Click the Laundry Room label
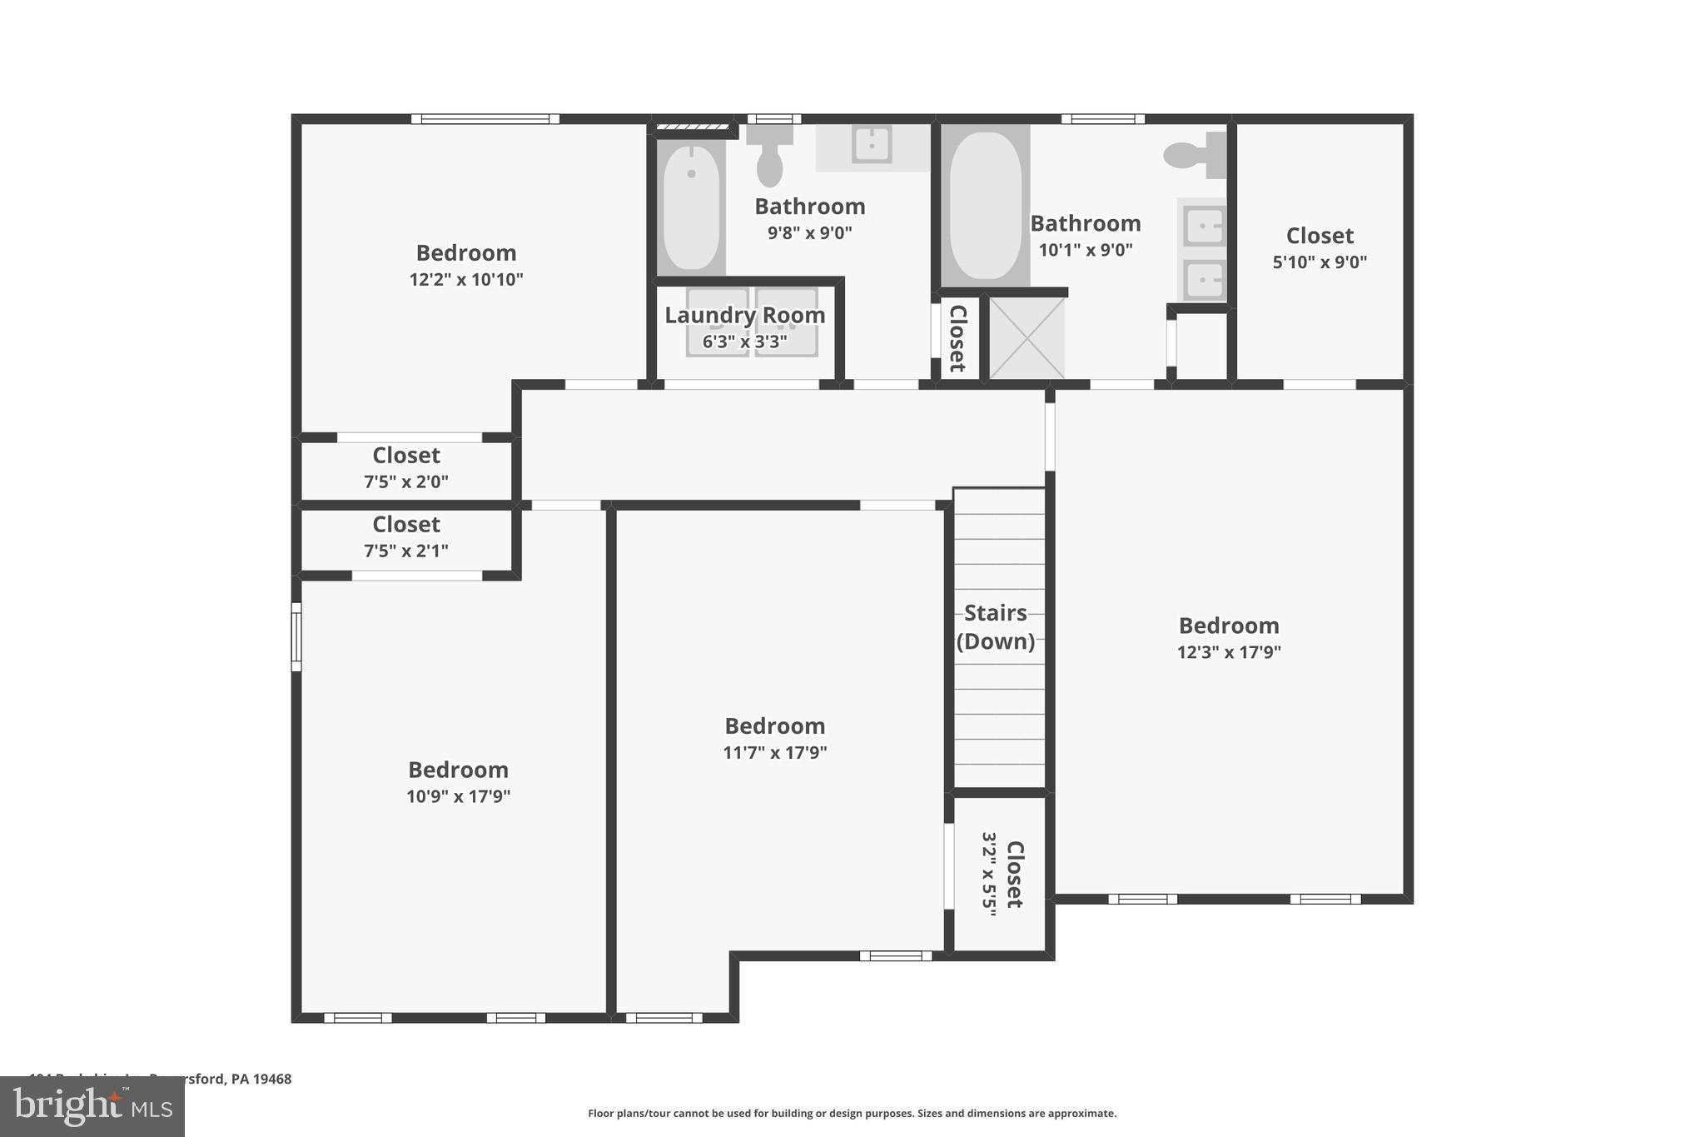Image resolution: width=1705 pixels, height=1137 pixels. tap(744, 315)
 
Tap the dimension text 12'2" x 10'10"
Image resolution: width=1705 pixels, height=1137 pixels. tap(465, 279)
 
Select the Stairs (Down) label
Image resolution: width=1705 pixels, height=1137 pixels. tap(996, 626)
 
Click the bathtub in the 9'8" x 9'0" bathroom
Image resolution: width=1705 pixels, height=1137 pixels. tap(691, 207)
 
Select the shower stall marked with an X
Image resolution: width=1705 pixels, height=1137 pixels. tap(1026, 338)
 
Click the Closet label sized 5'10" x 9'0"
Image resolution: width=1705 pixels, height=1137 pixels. tap(1320, 236)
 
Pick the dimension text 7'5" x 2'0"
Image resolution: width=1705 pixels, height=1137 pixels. tap(405, 481)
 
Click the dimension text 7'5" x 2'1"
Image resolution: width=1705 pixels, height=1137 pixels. tap(405, 551)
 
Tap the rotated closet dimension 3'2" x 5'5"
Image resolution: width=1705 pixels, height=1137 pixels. tap(989, 874)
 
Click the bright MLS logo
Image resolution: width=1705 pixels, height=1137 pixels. tap(92, 1106)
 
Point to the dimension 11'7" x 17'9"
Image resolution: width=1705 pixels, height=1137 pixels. tap(774, 753)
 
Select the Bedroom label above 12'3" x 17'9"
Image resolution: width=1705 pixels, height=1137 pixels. tap(1228, 626)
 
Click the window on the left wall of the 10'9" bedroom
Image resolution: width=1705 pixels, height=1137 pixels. tap(296, 637)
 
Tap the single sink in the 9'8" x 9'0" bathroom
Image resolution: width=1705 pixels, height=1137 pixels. tap(872, 145)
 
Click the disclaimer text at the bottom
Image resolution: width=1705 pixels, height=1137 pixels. tap(852, 1113)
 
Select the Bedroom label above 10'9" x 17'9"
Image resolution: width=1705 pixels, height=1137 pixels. tap(458, 770)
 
